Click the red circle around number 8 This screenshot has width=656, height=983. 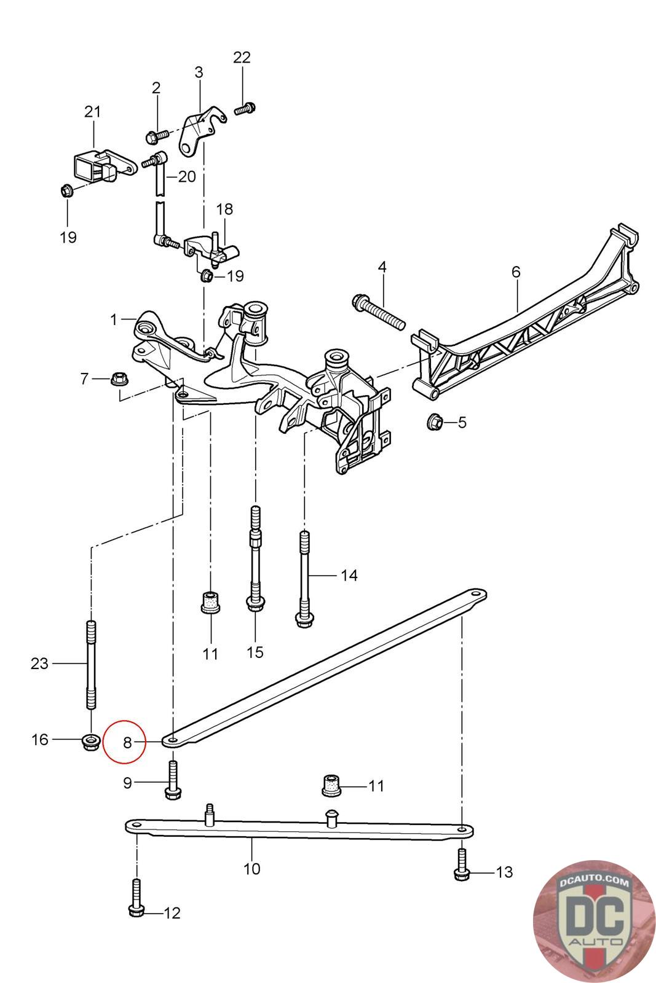coord(124,741)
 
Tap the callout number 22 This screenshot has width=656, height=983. coord(242,58)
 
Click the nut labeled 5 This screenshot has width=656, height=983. coord(435,422)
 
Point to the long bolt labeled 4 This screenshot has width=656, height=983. coord(379,312)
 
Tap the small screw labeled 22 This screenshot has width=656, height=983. coord(245,109)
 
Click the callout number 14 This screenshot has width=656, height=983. coord(349,576)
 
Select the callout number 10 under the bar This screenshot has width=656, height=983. coord(251,869)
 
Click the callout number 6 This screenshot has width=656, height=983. coord(515,272)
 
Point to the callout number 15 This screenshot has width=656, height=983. coord(255,652)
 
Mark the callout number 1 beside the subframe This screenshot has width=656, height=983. coord(114,319)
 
